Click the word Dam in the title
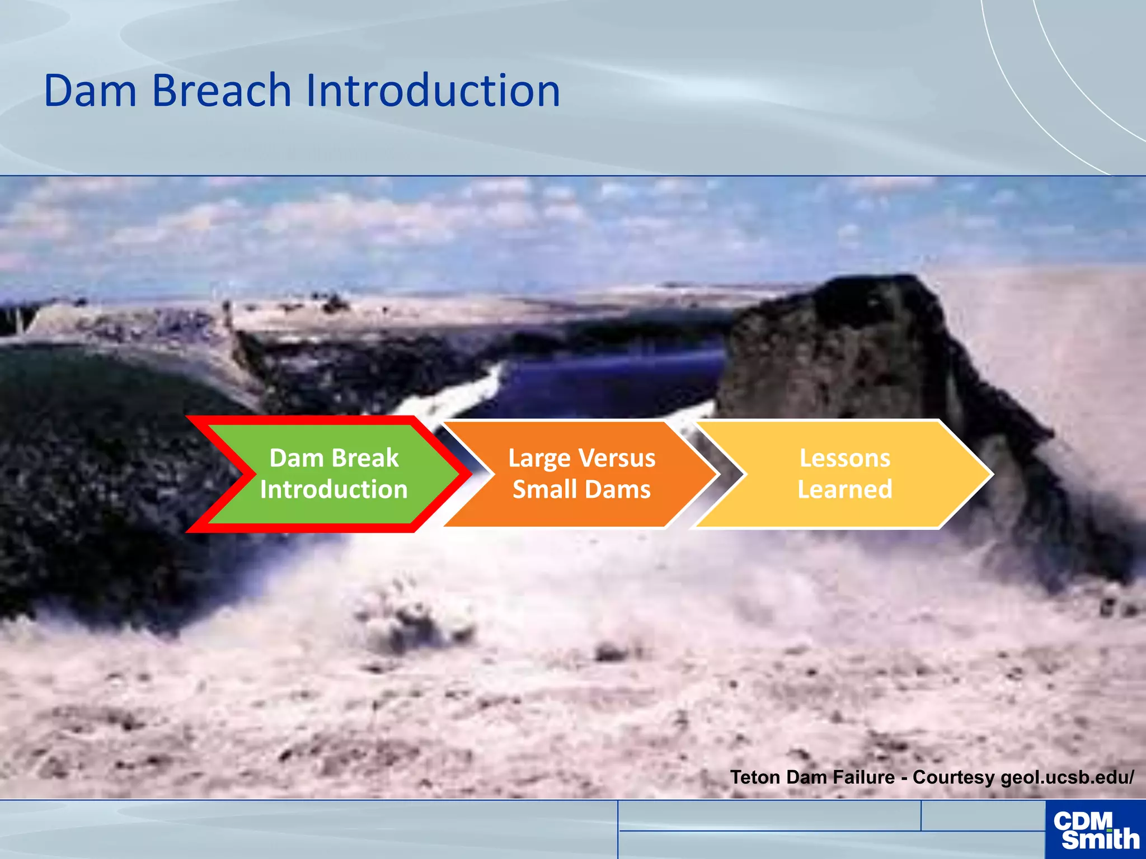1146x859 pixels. tap(90, 91)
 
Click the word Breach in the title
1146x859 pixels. tap(222, 91)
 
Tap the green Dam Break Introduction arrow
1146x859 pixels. tap(334, 474)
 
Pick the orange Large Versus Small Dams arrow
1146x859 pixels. tap(582, 474)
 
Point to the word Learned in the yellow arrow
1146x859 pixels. tap(844, 489)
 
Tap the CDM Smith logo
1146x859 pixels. tap(1095, 830)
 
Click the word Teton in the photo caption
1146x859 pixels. tap(756, 777)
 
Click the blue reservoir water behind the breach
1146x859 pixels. tap(610, 380)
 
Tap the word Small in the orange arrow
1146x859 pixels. tap(540, 490)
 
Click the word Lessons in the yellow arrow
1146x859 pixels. tap(844, 458)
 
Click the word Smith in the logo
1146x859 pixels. tap(1100, 839)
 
